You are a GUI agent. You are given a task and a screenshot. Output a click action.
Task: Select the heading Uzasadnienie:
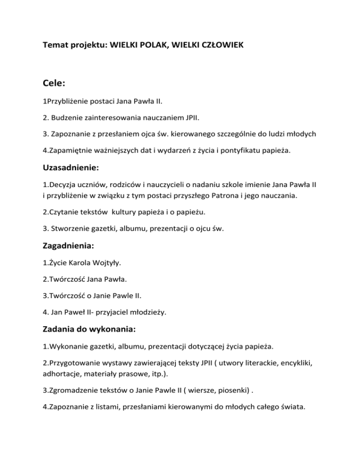point(71,180)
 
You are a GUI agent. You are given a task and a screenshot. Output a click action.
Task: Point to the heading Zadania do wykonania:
point(89,329)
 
